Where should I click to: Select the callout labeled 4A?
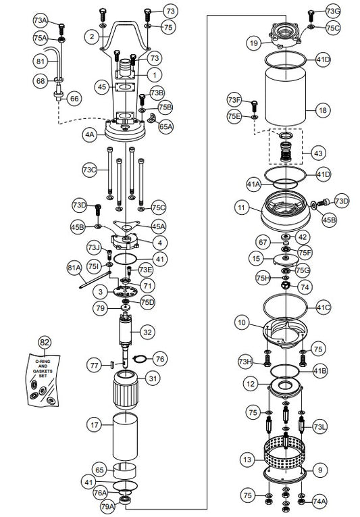89,134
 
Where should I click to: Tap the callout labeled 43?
318,153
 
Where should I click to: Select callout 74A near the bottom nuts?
318,501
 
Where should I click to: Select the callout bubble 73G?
333,11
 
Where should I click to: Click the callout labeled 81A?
73,268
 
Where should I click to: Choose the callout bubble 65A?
165,126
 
